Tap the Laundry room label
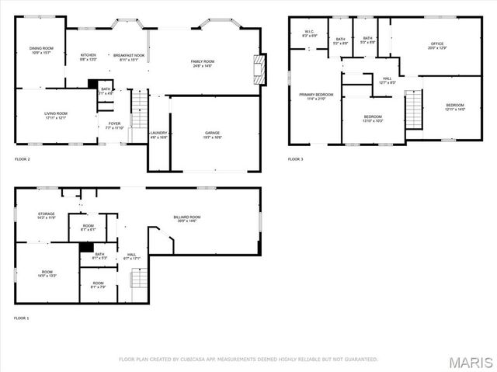coord(158,135)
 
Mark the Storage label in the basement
coord(47,215)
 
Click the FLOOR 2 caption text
coord(23,159)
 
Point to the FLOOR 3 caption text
coord(295,159)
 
